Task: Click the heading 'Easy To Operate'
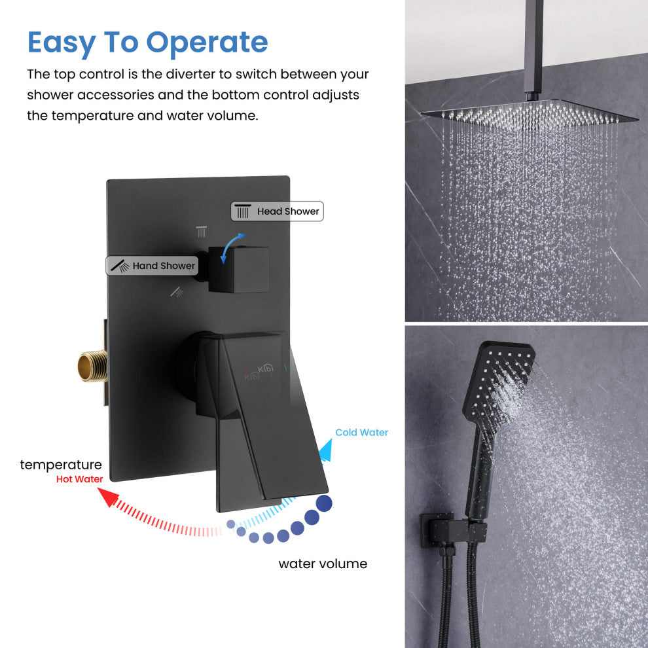147,42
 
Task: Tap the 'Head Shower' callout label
277,211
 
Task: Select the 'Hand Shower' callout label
152,266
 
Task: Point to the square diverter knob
239,269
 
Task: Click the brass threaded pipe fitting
92,366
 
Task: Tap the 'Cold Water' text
361,432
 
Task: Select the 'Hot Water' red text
79,479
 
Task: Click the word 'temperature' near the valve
61,465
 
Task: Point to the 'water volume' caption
323,564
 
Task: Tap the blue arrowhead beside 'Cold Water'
325,451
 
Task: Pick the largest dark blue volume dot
323,503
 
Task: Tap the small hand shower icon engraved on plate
177,291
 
